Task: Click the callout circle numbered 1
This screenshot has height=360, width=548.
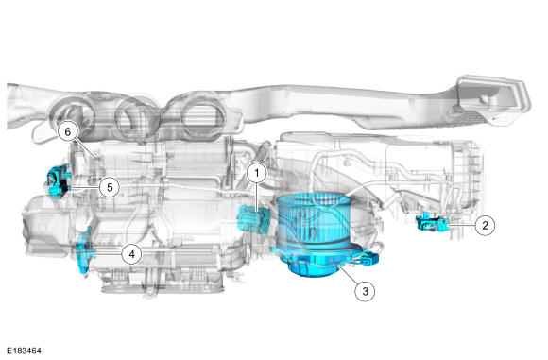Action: pyautogui.click(x=257, y=173)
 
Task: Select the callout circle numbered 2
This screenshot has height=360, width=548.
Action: pyautogui.click(x=485, y=226)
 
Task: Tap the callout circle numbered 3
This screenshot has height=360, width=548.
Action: pyautogui.click(x=365, y=291)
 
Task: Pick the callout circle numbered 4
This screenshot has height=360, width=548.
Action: pyautogui.click(x=131, y=254)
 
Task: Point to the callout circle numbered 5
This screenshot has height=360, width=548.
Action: pyautogui.click(x=110, y=188)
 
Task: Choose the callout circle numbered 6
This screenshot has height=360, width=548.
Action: pyautogui.click(x=67, y=131)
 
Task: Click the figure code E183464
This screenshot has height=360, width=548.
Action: pyautogui.click(x=25, y=351)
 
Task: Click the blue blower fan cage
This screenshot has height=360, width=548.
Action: pyautogui.click(x=314, y=219)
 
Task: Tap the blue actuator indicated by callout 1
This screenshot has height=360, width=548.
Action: pyautogui.click(x=252, y=220)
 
